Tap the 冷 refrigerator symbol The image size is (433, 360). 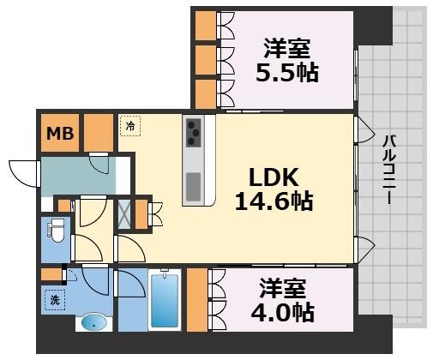click(x=130, y=126)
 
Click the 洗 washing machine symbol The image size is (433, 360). click(x=53, y=300)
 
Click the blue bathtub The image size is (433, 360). click(x=164, y=300)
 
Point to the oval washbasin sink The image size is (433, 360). click(x=93, y=324)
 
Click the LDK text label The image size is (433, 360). click(x=273, y=177)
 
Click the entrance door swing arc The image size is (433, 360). click(x=24, y=172)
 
